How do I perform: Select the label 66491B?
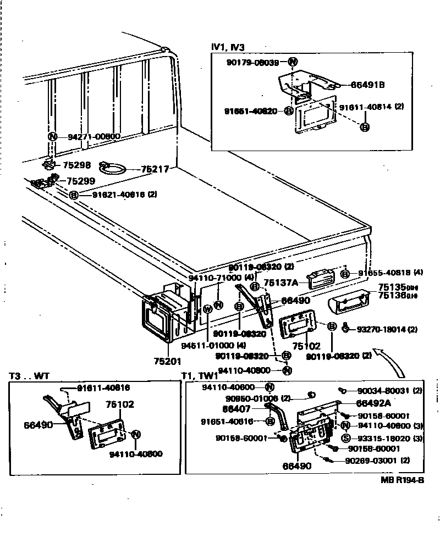click(x=367, y=85)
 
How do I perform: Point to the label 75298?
click(x=76, y=165)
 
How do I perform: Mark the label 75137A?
click(x=280, y=282)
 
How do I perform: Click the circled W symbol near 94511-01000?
click(x=207, y=309)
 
